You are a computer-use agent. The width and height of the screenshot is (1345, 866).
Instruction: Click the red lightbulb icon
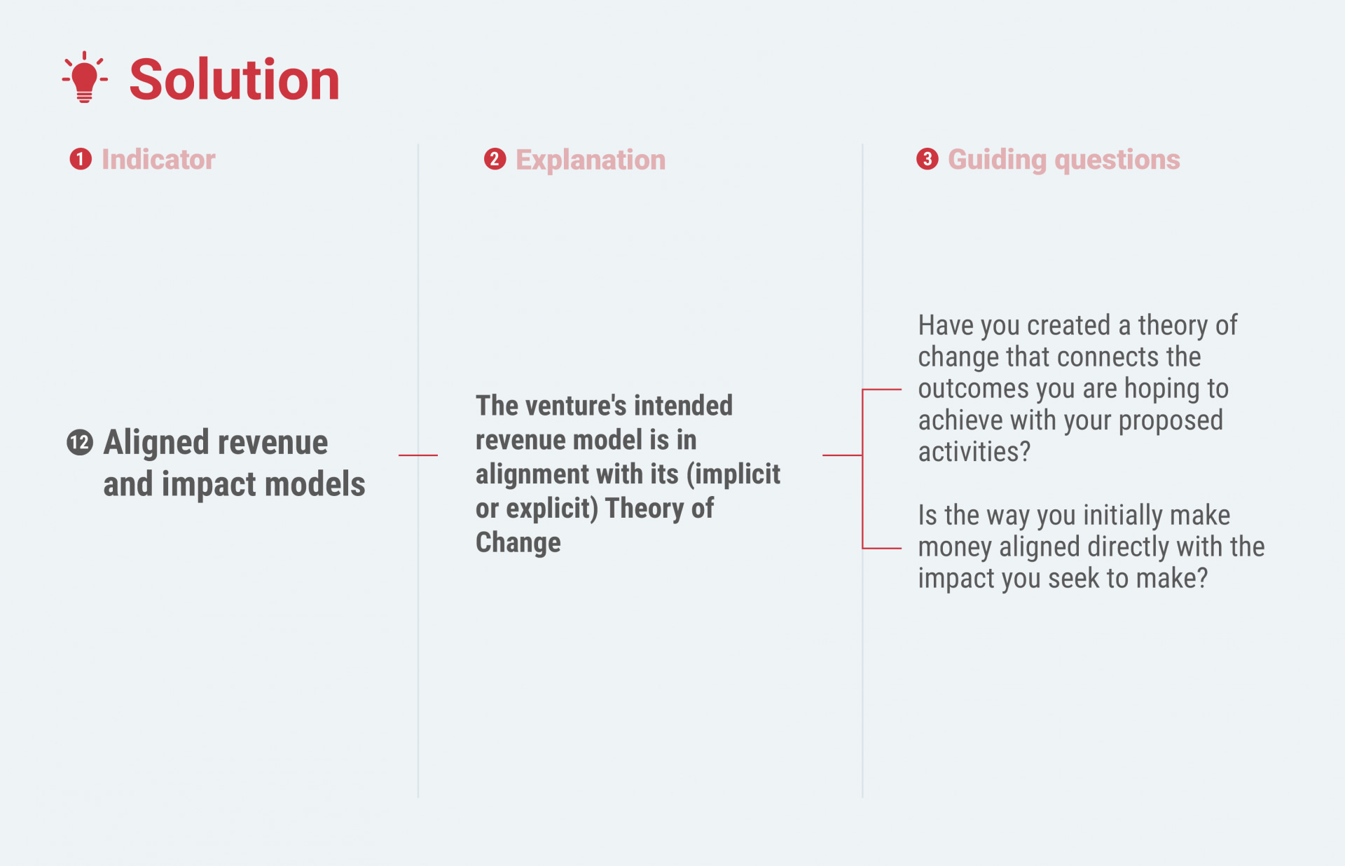(x=85, y=77)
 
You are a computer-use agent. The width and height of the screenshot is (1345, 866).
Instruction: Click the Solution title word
(x=235, y=79)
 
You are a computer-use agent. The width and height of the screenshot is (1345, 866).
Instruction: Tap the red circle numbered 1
(x=81, y=159)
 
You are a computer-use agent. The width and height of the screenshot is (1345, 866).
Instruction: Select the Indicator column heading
(x=158, y=159)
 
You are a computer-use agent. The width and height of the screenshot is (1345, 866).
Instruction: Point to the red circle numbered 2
(x=495, y=159)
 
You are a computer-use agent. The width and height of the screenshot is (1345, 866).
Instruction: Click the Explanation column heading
(x=591, y=160)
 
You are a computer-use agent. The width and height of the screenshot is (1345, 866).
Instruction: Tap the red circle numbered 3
(x=927, y=159)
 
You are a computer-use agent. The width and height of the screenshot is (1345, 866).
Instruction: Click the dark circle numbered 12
(x=80, y=443)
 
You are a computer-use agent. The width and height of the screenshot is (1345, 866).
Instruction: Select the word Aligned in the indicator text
(x=156, y=443)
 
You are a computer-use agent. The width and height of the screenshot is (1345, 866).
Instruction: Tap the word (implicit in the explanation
(x=733, y=474)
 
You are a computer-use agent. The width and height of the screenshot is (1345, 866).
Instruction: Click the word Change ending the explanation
(x=518, y=542)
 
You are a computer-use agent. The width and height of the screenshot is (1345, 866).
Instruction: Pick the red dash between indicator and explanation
(x=418, y=455)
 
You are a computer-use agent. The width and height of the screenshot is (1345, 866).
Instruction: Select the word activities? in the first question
(x=974, y=451)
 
